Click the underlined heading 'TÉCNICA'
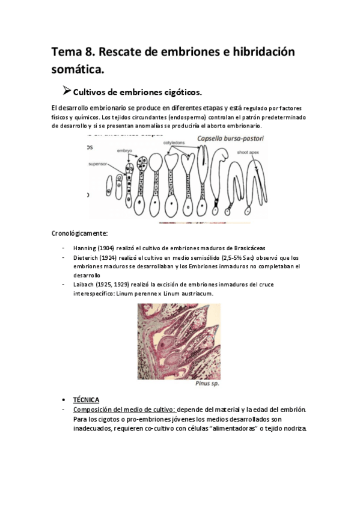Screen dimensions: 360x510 point(86,400)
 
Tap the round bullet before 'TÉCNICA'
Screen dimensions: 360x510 point(64,400)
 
